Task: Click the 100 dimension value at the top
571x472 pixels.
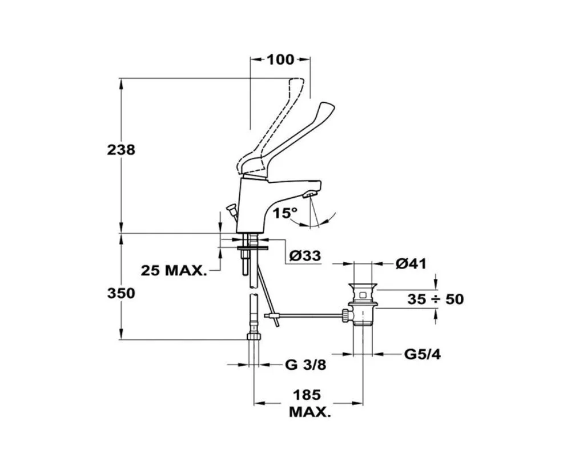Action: (x=280, y=59)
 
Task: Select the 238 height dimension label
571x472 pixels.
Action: (x=121, y=150)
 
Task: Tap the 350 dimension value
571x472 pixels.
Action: (x=121, y=293)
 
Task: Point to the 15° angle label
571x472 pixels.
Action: (x=285, y=213)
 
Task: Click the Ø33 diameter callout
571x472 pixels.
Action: (x=305, y=255)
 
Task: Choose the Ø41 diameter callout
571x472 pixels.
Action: (x=411, y=263)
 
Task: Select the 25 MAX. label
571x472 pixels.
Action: (x=174, y=270)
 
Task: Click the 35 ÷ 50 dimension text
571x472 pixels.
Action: (x=436, y=299)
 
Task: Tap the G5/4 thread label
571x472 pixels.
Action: (x=422, y=354)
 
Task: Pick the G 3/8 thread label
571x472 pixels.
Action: (x=305, y=365)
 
